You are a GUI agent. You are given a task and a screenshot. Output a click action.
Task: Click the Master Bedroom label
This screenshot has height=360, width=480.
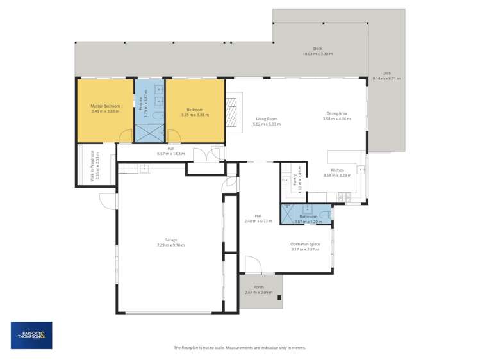[x=105, y=106]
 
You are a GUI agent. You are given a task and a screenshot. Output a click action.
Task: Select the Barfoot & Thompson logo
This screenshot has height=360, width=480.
[x=31, y=335]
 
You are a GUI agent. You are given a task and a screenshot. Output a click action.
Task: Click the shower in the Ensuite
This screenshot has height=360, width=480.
[x=149, y=133]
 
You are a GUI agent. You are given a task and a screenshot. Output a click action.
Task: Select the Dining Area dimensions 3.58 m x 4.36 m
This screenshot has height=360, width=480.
[x=336, y=119]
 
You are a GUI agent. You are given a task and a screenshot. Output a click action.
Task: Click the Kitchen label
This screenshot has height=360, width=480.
[x=337, y=170]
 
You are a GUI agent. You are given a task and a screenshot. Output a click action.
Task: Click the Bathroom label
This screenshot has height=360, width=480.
[x=308, y=217]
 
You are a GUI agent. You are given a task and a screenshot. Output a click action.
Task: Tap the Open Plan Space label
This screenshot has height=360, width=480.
[x=305, y=244]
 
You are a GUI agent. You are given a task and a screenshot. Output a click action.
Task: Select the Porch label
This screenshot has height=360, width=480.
[x=258, y=287]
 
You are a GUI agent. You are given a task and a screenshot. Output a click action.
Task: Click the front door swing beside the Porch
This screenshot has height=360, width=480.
[x=252, y=264]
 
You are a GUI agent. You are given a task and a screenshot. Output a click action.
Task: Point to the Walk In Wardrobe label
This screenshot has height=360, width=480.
[x=93, y=165]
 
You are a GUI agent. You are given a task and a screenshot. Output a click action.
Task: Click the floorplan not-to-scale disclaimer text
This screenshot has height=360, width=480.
[x=240, y=348]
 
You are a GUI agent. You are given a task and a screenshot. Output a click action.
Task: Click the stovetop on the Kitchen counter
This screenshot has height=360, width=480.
[x=361, y=170]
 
